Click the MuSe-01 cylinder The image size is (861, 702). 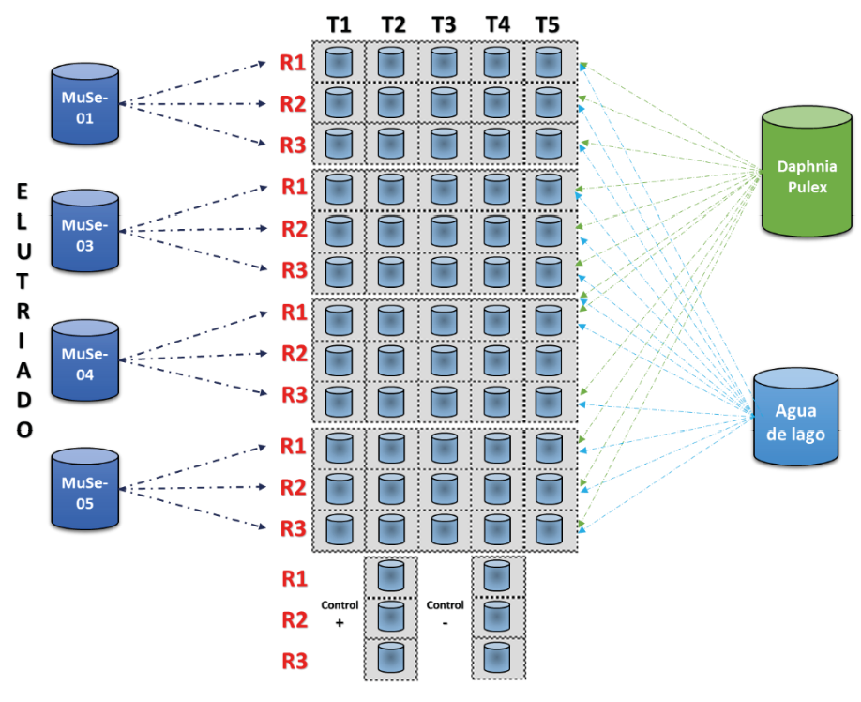(x=85, y=104)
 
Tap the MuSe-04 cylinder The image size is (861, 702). (x=85, y=361)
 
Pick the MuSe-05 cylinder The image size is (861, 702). (x=85, y=490)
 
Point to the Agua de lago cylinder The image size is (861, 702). (x=795, y=418)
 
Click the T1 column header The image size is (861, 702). (x=339, y=25)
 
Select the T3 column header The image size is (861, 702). (x=444, y=25)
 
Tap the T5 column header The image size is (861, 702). (x=548, y=25)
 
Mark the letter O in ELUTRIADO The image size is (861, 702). (x=24, y=430)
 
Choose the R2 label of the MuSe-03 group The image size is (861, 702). (x=294, y=229)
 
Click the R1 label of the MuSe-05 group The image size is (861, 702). (x=294, y=446)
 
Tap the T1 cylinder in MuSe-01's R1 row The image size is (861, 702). (x=339, y=62)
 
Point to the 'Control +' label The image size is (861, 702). (x=340, y=614)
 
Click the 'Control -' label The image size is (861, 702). (x=445, y=614)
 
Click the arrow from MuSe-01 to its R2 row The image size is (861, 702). (x=197, y=104)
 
